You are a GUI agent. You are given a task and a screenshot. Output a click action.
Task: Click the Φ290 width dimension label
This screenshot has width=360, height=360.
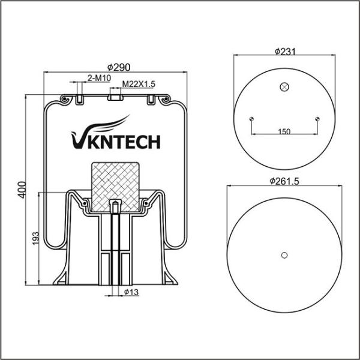coord(118,67)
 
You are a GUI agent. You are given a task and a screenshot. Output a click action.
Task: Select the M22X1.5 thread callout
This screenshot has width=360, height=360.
coord(139,85)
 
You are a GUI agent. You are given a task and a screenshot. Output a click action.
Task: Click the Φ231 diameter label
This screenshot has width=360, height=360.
coord(286,52)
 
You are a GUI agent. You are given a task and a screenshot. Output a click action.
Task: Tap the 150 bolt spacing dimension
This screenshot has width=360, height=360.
coord(285,131)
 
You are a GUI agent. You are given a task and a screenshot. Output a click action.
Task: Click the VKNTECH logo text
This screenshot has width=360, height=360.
coord(115,142)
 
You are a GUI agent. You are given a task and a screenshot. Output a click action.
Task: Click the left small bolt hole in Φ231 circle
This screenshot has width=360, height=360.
coord(252,118)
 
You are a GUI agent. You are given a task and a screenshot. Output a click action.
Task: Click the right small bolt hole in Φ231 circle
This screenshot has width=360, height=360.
coord(318,118)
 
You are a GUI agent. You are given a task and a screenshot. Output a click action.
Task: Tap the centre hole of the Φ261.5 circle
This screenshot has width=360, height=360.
coord(285,255)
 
